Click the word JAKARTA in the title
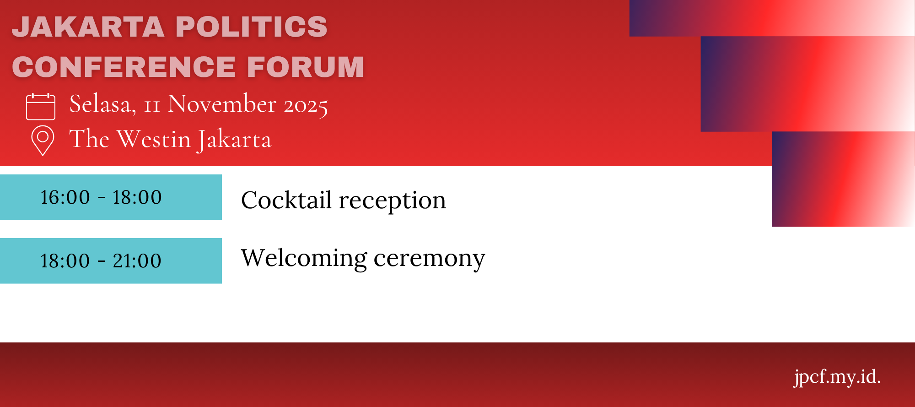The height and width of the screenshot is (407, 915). [x=88, y=27]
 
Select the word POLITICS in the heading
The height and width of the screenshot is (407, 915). [x=252, y=27]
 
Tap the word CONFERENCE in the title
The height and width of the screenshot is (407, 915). [x=124, y=67]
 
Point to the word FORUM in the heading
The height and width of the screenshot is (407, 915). [x=306, y=67]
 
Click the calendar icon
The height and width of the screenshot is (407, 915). [x=41, y=107]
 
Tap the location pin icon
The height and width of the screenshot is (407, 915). [x=43, y=141]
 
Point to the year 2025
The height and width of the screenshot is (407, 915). [x=306, y=106]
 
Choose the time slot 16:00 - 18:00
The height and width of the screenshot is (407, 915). [x=101, y=197]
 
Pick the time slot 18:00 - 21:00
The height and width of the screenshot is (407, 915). [x=101, y=261]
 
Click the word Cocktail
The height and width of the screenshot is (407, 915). [x=286, y=200]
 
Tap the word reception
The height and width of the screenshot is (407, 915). [x=393, y=202]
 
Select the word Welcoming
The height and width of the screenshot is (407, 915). [x=304, y=258]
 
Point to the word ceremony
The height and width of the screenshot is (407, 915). [x=429, y=260]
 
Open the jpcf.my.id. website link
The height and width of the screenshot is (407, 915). [x=837, y=377]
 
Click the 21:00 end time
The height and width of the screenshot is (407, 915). [x=137, y=261]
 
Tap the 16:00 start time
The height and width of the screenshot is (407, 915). [x=65, y=197]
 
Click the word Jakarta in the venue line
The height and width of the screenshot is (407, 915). [x=235, y=140]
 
